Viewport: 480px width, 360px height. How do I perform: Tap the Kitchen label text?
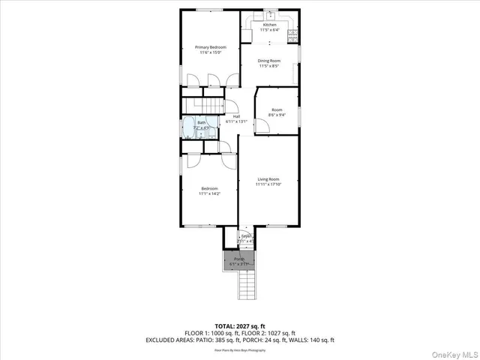[268, 25]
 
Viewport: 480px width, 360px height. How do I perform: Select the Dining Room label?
[268, 61]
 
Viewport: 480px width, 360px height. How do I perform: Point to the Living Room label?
[268, 179]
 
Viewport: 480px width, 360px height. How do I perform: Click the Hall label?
[236, 116]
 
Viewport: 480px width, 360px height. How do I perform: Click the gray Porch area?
[239, 261]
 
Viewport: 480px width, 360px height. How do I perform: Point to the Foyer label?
[246, 238]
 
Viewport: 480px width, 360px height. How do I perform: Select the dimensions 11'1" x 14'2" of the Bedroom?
[208, 193]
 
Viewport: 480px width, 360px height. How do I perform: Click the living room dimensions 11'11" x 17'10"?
[268, 184]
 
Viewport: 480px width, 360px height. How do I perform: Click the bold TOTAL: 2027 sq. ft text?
[239, 325]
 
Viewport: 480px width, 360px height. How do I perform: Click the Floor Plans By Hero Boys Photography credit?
[239, 349]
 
